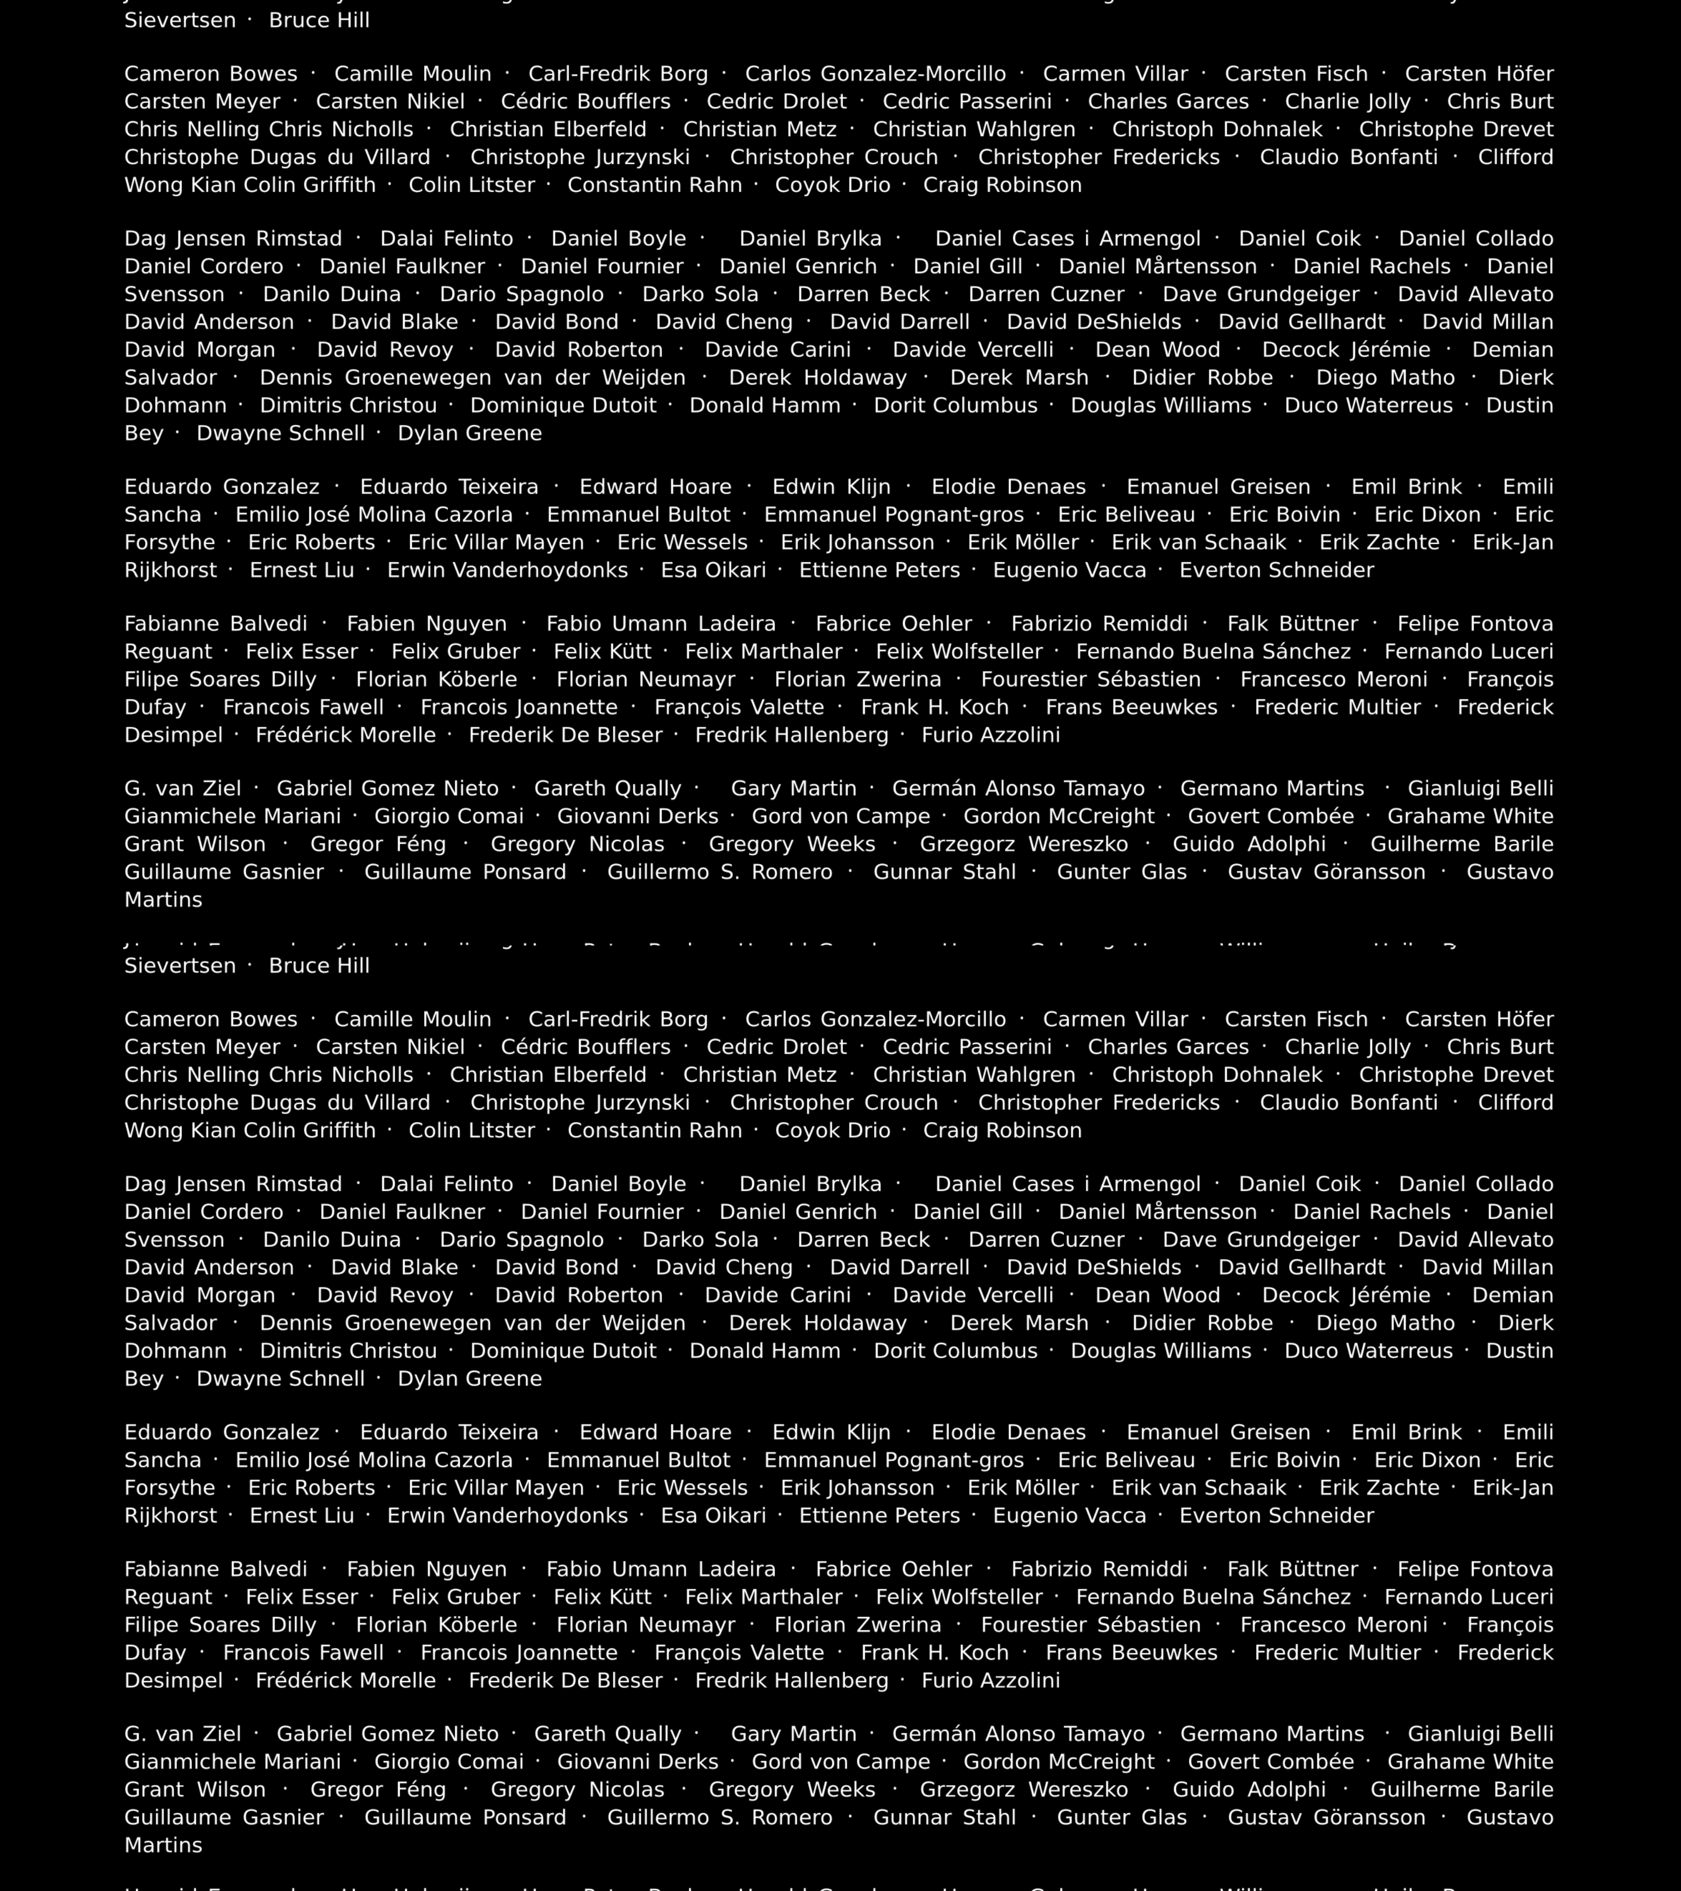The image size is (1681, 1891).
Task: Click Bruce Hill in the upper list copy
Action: [x=319, y=20]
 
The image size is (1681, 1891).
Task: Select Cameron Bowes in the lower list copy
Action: [x=211, y=1019]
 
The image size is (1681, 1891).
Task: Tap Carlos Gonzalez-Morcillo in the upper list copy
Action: [x=875, y=74]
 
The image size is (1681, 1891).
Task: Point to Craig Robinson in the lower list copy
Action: [x=1002, y=1130]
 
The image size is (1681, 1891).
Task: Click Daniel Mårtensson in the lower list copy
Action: [x=1157, y=1212]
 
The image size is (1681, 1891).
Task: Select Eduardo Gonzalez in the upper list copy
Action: [x=222, y=487]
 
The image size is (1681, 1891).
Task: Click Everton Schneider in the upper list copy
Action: [x=1277, y=570]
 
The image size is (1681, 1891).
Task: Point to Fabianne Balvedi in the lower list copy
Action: [x=216, y=1569]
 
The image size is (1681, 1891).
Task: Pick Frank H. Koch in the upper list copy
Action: [x=934, y=707]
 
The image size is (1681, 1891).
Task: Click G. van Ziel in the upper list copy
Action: [x=182, y=788]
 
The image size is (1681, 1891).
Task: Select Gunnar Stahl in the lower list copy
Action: [x=945, y=1817]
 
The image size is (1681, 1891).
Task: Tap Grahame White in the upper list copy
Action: [x=1470, y=816]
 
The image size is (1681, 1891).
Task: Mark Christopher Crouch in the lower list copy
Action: [x=833, y=1103]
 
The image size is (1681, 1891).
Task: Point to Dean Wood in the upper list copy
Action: [x=1157, y=350]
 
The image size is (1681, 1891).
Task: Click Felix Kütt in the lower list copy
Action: [x=602, y=1597]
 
